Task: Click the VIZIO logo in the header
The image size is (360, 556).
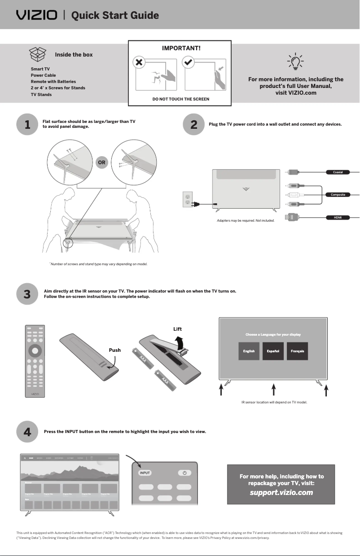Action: click(37, 16)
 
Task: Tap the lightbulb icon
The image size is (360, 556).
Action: click(295, 62)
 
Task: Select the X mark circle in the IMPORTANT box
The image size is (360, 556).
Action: click(140, 62)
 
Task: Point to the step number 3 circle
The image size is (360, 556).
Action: click(27, 294)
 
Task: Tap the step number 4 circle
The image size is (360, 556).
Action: click(27, 432)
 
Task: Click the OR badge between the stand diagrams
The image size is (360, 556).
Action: click(102, 162)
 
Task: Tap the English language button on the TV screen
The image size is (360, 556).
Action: click(249, 351)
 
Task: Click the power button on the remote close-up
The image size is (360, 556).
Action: click(184, 473)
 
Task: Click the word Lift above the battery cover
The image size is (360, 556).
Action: click(177, 329)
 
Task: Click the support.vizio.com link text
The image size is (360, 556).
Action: click(281, 493)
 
